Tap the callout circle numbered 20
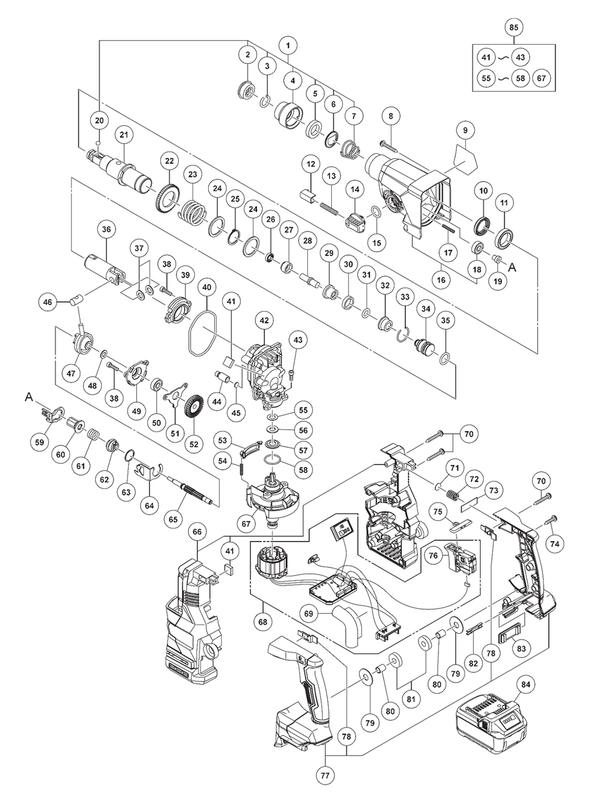99,120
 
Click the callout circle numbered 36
106,230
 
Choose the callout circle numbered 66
197,532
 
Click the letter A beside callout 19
512,267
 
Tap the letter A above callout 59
29,398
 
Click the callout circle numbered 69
309,613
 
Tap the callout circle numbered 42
264,320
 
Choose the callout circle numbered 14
355,189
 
